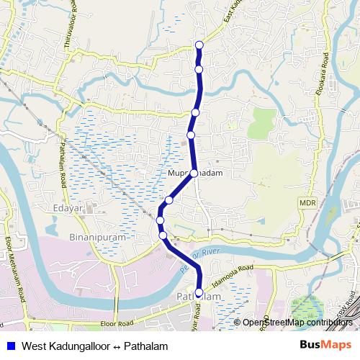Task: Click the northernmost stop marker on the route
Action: [199, 45]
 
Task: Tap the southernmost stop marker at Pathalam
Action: [199, 292]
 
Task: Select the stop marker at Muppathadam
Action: [194, 174]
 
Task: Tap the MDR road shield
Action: [307, 204]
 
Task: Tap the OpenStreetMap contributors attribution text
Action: [297, 323]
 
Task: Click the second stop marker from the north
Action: [199, 69]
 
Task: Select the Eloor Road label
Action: [117, 325]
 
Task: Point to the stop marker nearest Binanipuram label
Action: [163, 235]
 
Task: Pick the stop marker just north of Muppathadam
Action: [191, 135]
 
